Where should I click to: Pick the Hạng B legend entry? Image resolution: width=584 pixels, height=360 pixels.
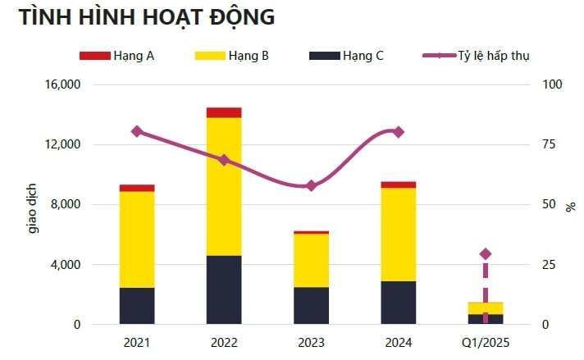click(x=231, y=55)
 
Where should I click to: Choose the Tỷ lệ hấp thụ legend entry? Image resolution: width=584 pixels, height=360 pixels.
click(x=476, y=55)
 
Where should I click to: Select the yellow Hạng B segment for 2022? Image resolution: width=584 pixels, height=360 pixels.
click(x=224, y=186)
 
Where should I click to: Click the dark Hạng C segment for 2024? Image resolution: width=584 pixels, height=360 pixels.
click(x=398, y=303)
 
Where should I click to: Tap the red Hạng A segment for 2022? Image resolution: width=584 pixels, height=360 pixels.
click(x=224, y=112)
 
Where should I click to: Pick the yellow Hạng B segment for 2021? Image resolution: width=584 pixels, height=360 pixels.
click(x=137, y=239)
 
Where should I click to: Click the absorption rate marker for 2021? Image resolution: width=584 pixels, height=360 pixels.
click(x=137, y=131)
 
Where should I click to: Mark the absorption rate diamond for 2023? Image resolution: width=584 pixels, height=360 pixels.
click(x=311, y=186)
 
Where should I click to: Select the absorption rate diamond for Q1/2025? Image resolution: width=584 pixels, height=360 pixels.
click(x=486, y=254)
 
